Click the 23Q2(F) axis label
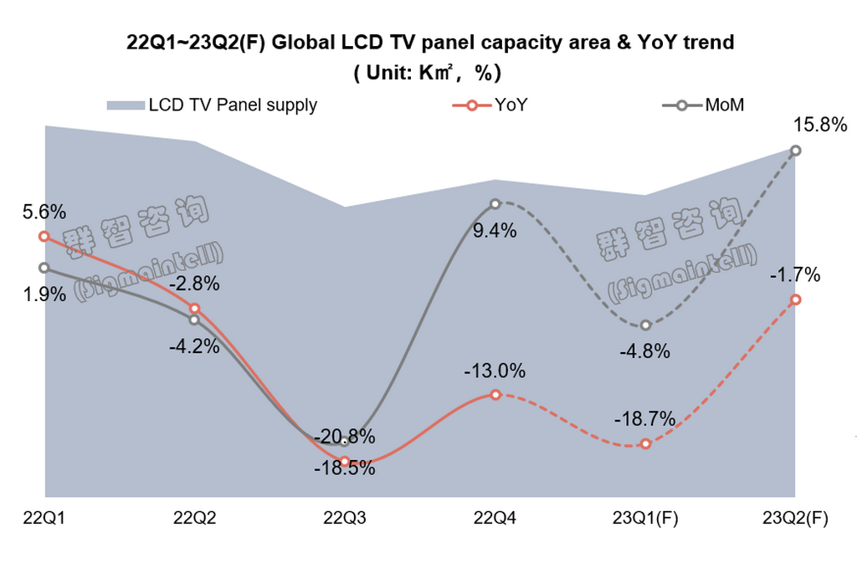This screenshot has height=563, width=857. pyautogui.click(x=795, y=519)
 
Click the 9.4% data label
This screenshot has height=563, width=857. pyautogui.click(x=495, y=231)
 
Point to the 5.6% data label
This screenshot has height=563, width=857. pyautogui.click(x=44, y=213)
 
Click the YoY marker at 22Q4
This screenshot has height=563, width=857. pyautogui.click(x=495, y=394)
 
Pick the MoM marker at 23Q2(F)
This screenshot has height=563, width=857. pyautogui.click(x=796, y=151)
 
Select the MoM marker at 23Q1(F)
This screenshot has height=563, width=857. pyautogui.click(x=645, y=325)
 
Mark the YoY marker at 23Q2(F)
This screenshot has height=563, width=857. pyautogui.click(x=796, y=299)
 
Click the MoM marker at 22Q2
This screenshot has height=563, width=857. pyautogui.click(x=194, y=320)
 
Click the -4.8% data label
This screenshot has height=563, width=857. pyautogui.click(x=645, y=351)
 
